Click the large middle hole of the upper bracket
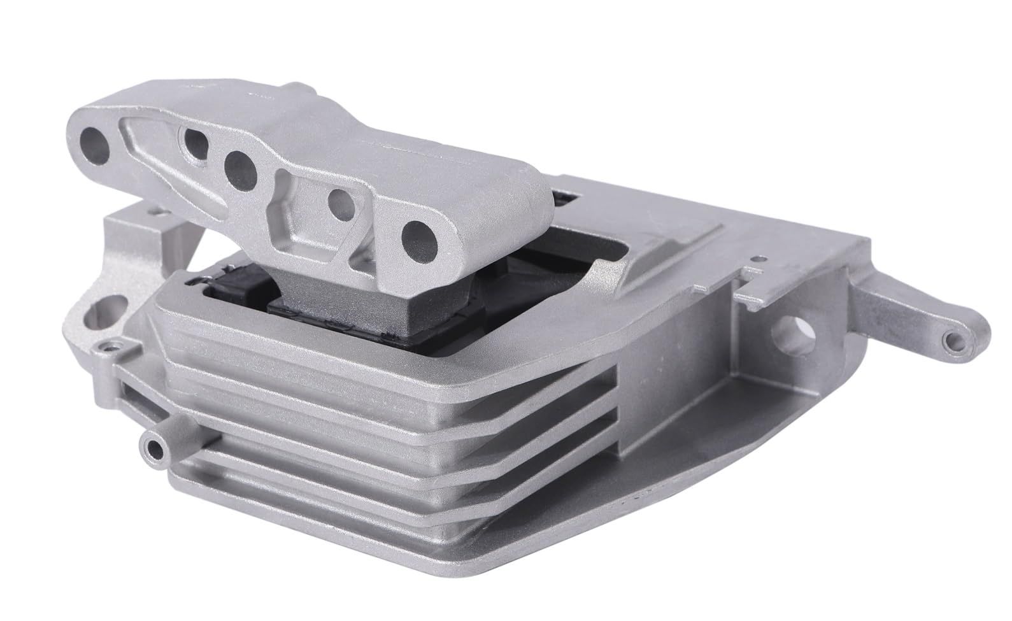coord(241,166)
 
